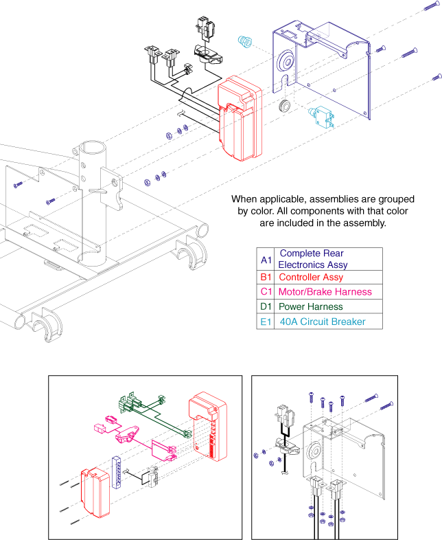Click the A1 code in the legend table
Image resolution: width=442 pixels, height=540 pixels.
coord(266,259)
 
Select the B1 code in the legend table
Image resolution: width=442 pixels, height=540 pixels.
coord(266,278)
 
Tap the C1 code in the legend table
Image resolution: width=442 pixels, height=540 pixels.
coord(266,292)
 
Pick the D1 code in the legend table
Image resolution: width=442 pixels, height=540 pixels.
coord(266,306)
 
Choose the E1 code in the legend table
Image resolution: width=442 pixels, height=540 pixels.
coord(266,322)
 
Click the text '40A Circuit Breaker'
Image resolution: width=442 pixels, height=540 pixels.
coord(322,322)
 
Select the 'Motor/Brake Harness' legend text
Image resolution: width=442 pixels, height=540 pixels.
coord(325,292)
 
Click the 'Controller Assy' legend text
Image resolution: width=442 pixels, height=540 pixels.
coord(311,278)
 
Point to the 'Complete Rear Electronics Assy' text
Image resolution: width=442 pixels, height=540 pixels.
coord(312,259)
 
